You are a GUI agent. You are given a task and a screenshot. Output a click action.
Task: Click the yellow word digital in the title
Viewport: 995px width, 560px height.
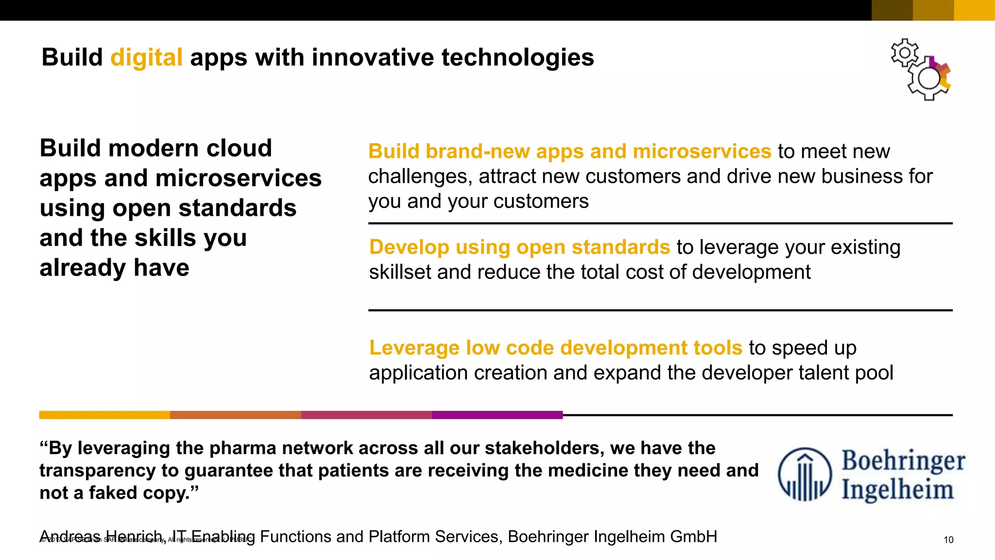146,58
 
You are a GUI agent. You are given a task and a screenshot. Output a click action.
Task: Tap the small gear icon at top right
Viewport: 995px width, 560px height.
905,52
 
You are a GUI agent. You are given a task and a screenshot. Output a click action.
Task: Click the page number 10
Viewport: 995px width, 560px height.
948,540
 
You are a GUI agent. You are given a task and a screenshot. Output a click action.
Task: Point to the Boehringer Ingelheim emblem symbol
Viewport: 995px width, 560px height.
805,474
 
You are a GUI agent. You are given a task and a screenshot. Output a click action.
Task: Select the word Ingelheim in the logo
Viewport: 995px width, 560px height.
897,489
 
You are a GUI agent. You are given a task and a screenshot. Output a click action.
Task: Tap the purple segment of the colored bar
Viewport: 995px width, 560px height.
497,415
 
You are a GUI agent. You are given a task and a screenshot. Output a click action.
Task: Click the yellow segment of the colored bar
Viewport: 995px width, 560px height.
104,415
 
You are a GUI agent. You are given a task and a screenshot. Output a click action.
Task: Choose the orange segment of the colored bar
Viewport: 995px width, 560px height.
236,415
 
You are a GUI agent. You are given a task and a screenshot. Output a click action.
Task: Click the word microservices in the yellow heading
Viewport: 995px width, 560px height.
702,152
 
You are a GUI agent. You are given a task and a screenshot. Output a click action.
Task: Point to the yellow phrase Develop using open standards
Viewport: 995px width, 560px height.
519,247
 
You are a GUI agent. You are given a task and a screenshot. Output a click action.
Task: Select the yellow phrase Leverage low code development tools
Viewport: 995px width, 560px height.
555,348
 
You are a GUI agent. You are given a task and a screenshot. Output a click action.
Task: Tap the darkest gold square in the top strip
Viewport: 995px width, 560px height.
892,10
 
